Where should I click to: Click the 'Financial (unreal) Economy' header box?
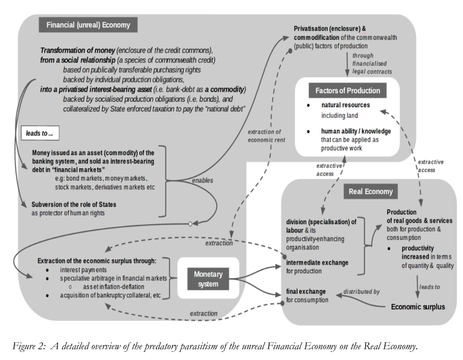click(x=88, y=25)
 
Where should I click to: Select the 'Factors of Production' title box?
click(x=348, y=91)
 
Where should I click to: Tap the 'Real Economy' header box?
click(x=370, y=191)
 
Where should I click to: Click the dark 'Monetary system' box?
click(x=208, y=279)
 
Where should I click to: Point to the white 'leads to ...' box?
click(x=40, y=133)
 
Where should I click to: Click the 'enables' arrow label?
click(x=202, y=181)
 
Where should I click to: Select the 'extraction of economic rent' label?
click(x=266, y=136)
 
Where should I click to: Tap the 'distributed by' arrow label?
click(x=361, y=292)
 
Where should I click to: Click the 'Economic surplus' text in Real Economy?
click(x=418, y=307)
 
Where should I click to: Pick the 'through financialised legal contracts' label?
click(x=372, y=64)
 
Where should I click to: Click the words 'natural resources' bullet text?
click(x=346, y=105)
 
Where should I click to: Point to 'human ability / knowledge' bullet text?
click(x=356, y=131)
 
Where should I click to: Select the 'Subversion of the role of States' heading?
click(x=74, y=204)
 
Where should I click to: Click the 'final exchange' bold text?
click(x=306, y=292)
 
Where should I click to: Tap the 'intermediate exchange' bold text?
click(x=317, y=262)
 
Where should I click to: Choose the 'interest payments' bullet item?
click(x=83, y=270)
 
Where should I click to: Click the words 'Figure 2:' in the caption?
click(x=29, y=346)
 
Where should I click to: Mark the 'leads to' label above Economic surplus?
click(x=430, y=287)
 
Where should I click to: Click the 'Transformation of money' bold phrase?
click(x=78, y=50)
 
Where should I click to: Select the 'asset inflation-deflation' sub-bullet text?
click(x=114, y=287)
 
